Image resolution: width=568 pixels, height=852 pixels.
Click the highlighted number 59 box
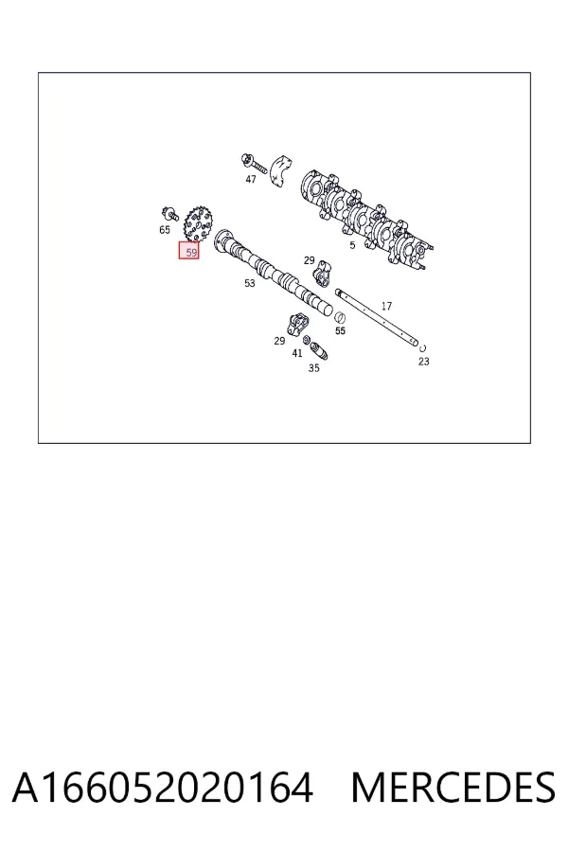[x=188, y=251]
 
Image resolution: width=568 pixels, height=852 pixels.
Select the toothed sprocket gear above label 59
[x=199, y=223]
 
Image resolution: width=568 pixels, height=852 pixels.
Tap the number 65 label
[x=165, y=230]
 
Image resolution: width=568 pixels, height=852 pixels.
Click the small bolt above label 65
[x=170, y=214]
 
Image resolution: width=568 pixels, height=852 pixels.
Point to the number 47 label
[x=251, y=179]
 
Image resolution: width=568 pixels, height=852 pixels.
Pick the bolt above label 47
[x=254, y=162]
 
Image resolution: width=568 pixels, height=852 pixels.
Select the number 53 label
[x=250, y=283]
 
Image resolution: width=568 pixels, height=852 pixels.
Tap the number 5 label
[x=352, y=245]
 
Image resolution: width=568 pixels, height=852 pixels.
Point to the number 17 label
[x=386, y=307]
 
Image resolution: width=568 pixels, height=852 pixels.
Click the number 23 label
[x=424, y=362]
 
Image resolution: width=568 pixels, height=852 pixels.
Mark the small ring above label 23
[x=422, y=347]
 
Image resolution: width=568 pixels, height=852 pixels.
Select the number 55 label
[x=340, y=330]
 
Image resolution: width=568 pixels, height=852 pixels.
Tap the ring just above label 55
[x=340, y=317]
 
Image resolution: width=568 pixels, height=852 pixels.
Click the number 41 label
[x=296, y=353]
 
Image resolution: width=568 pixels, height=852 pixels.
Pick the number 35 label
[x=313, y=368]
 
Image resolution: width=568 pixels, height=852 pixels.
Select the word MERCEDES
[x=453, y=787]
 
